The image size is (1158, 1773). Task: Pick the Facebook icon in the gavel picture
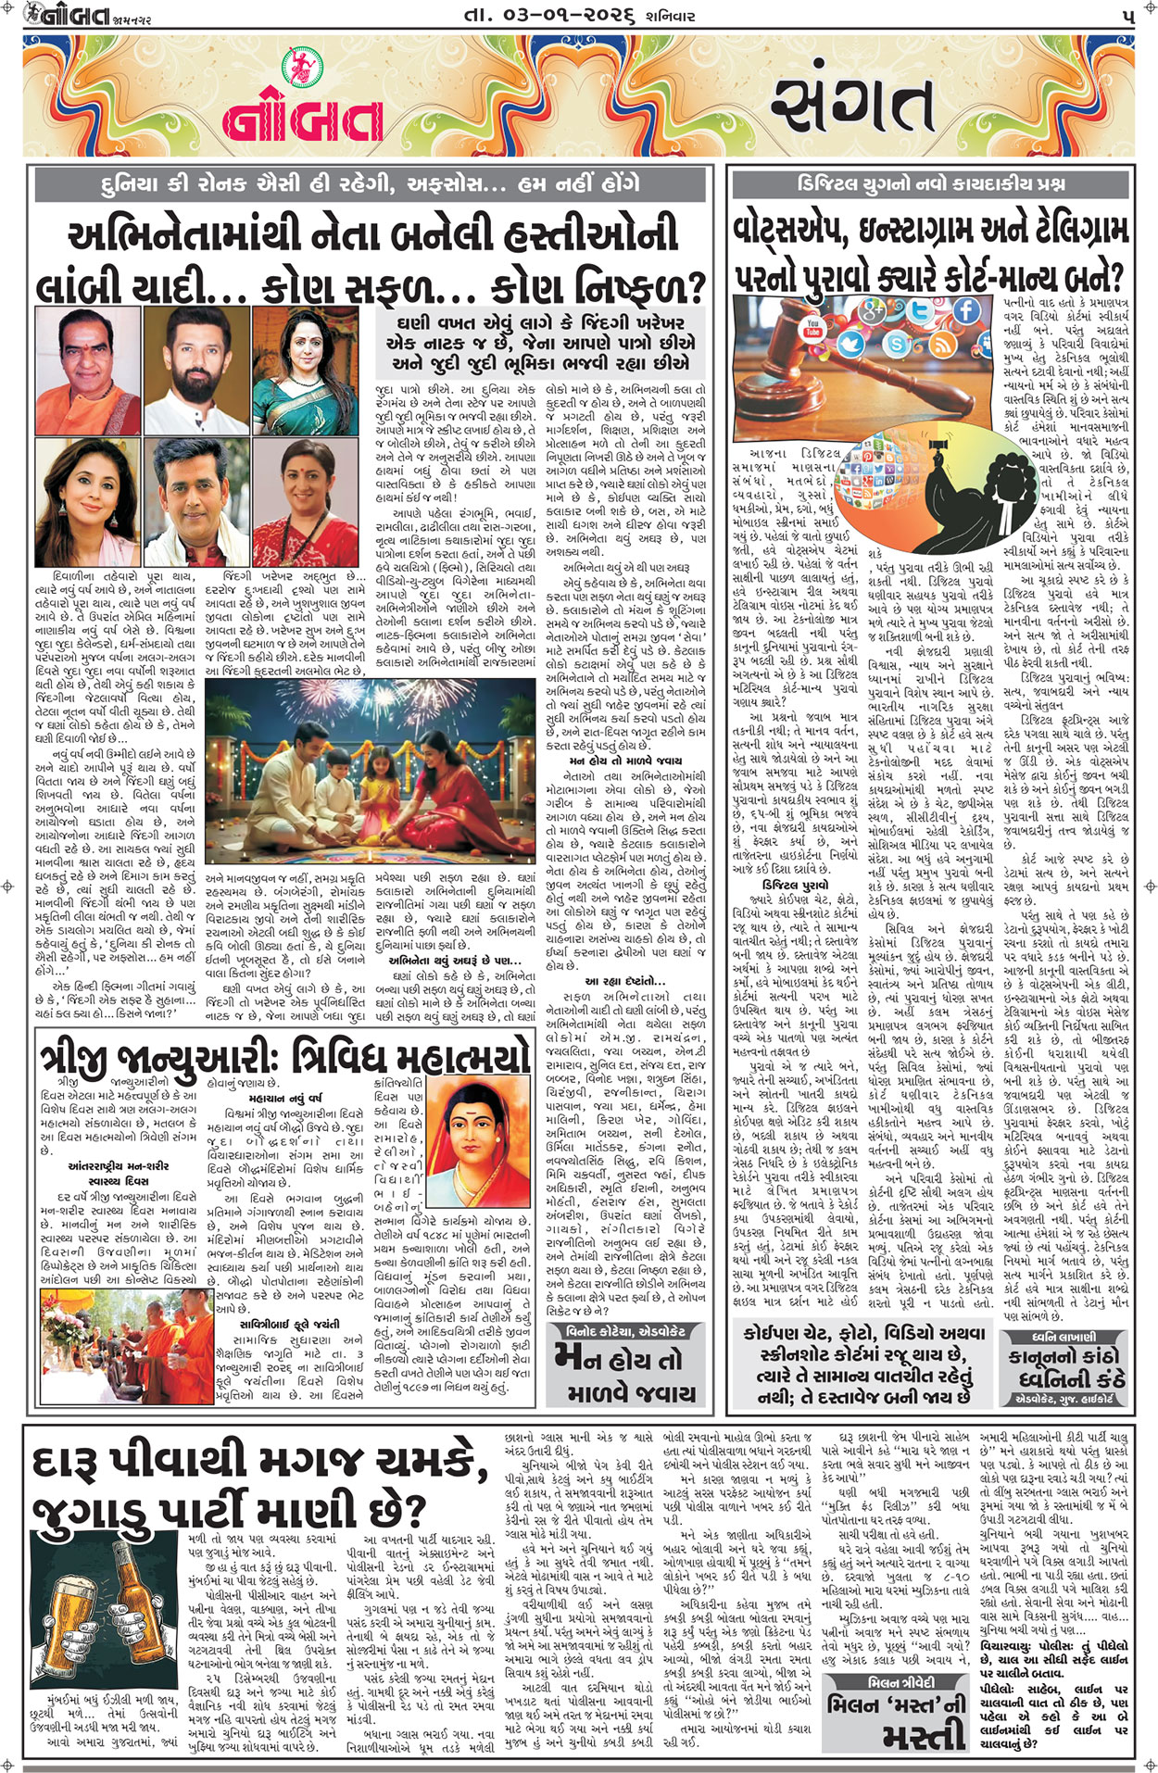point(965,310)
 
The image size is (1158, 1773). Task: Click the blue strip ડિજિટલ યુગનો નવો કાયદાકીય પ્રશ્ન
point(930,183)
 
